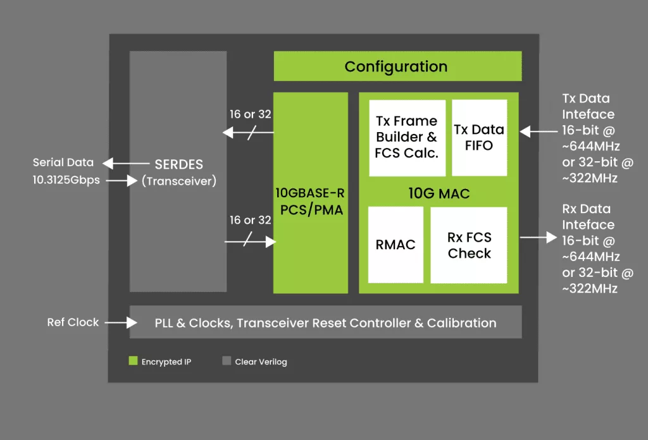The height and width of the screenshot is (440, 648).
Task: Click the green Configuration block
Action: point(397,66)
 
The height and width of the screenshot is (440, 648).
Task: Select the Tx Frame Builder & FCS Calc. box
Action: point(407,138)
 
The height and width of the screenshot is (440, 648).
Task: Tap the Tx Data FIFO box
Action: point(480,137)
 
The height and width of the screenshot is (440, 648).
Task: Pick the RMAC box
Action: point(396,245)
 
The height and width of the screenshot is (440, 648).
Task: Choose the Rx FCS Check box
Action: point(469,245)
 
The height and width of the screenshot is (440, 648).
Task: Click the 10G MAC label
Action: point(439,193)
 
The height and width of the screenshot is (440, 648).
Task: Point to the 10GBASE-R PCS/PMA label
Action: point(310,202)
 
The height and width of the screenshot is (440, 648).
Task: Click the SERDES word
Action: point(179,164)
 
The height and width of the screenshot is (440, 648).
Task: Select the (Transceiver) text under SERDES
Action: point(179,181)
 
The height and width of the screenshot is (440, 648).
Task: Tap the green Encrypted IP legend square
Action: point(133,361)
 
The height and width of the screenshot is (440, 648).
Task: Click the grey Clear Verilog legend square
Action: point(227,361)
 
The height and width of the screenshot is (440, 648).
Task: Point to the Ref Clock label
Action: point(73,322)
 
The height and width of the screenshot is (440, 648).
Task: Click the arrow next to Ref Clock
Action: point(121,322)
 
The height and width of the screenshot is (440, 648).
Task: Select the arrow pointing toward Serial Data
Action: point(126,164)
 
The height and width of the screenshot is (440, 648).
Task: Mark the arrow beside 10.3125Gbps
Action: point(121,180)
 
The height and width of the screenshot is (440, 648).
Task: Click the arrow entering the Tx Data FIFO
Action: point(539,131)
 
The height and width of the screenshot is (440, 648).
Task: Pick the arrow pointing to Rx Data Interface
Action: point(539,237)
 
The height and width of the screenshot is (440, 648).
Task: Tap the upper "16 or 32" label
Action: point(251,114)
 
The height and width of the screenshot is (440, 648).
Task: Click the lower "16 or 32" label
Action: point(251,220)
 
